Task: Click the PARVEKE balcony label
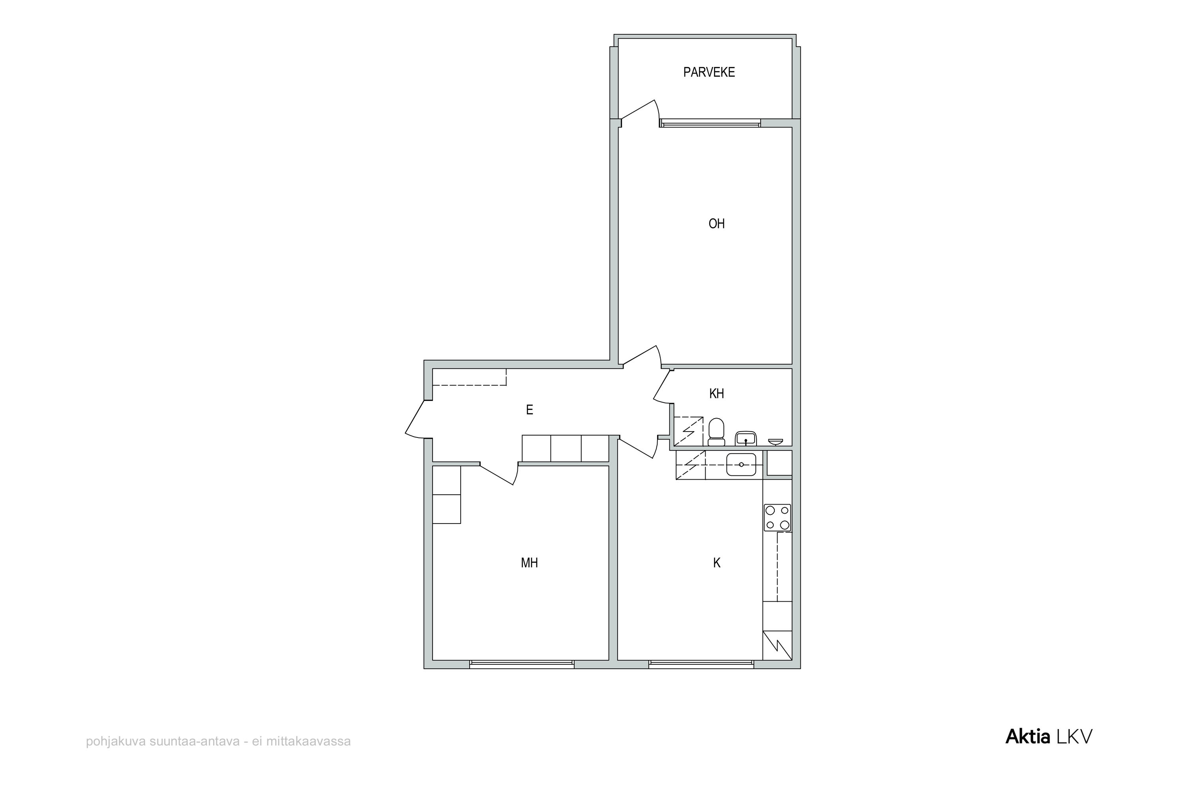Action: pos(709,73)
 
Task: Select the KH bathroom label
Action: pos(716,393)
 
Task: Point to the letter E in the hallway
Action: pos(530,410)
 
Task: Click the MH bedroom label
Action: pos(530,563)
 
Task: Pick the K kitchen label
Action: pos(717,563)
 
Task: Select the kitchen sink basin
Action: pos(741,464)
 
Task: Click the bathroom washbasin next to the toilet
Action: pos(746,438)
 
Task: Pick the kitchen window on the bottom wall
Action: pos(701,664)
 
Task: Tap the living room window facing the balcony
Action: pos(710,123)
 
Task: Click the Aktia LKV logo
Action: pos(1049,737)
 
